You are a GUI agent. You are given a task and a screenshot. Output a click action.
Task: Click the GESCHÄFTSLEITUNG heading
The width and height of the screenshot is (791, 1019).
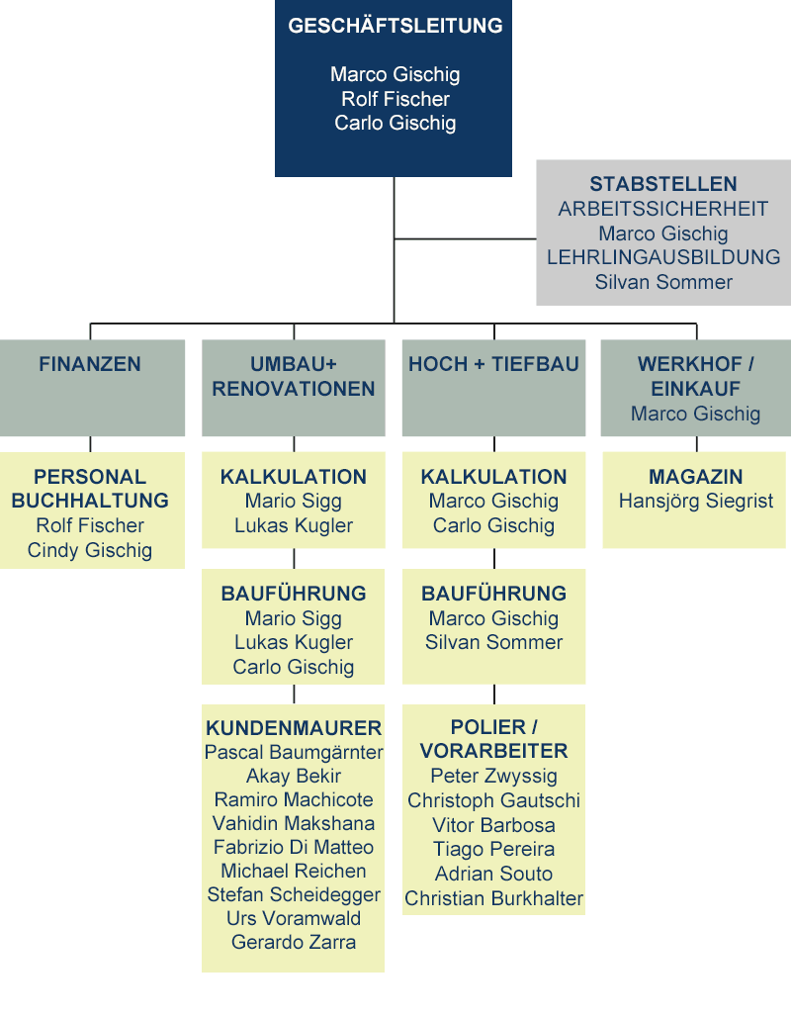395,26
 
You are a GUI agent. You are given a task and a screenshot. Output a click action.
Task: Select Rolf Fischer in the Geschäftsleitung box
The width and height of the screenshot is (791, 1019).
395,99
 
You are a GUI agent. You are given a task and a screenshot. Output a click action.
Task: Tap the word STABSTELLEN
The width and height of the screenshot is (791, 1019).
663,184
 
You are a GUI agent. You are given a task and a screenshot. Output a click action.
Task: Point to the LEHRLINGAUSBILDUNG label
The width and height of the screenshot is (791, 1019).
663,257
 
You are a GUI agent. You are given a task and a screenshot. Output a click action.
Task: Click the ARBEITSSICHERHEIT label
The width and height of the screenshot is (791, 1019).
663,209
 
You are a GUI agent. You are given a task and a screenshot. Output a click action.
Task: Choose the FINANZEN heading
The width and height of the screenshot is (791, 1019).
90,364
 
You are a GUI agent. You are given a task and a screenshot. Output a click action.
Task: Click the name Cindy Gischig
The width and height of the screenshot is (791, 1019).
90,550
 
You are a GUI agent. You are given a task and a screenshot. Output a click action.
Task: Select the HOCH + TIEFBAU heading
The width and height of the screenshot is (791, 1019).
493,364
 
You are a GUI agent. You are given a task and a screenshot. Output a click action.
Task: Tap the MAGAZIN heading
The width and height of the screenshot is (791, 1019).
695,477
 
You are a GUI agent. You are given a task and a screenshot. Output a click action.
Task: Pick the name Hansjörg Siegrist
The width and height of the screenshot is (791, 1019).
695,501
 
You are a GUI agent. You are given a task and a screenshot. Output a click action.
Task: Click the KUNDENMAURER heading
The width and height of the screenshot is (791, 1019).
294,728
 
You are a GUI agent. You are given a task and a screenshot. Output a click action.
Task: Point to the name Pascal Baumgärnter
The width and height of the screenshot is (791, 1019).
294,753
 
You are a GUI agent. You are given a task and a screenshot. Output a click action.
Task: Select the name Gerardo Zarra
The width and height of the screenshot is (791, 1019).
294,942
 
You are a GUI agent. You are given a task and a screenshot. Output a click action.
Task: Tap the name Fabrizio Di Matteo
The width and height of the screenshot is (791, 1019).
294,848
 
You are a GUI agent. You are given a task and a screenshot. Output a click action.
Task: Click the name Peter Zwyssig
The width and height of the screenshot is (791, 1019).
493,776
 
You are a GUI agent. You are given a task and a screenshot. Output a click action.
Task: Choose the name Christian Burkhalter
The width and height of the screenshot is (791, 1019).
493,898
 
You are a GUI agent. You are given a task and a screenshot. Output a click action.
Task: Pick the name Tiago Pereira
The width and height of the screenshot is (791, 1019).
493,850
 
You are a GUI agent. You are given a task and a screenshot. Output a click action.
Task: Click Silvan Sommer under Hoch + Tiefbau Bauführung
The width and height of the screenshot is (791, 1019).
493,643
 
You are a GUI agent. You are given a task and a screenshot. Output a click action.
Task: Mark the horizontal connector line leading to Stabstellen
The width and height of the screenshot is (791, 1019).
465,239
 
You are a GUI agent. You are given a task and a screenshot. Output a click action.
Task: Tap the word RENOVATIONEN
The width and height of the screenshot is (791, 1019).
294,389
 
